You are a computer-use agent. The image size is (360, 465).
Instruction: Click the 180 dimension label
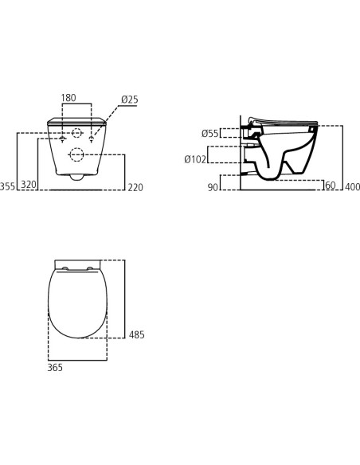click(68, 98)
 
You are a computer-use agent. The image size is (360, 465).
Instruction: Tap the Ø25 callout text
click(130, 100)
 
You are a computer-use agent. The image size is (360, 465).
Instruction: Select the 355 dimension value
click(7, 187)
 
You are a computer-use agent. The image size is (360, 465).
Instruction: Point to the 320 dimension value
click(29, 185)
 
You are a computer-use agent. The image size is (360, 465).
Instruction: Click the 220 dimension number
click(135, 187)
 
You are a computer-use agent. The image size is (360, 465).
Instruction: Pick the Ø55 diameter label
click(210, 134)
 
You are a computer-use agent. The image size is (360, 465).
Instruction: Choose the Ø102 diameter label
click(195, 159)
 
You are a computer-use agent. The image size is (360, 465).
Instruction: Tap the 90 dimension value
click(213, 187)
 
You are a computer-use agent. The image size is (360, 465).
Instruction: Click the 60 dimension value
click(331, 185)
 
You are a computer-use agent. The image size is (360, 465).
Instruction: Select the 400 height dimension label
click(353, 187)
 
